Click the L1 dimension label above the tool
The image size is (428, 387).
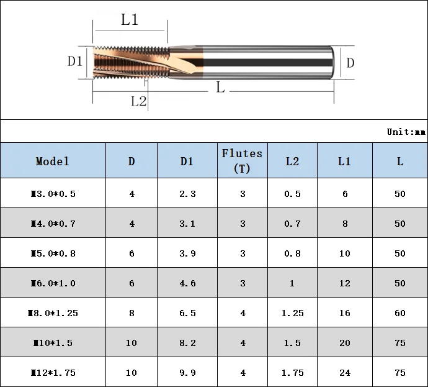(x=129, y=20)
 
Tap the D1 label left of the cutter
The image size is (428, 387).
(x=75, y=61)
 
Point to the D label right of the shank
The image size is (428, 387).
(x=350, y=62)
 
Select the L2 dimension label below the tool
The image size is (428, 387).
(x=138, y=101)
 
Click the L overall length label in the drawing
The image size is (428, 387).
(x=220, y=87)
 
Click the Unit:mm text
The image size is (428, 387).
(x=406, y=132)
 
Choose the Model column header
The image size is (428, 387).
(x=53, y=161)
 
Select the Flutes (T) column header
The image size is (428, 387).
(x=242, y=160)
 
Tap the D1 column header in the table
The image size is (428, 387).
(x=187, y=161)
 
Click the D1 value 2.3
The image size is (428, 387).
(x=187, y=194)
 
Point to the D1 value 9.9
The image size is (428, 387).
(x=187, y=373)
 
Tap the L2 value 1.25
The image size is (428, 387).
(x=292, y=313)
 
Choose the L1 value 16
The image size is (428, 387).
(x=344, y=313)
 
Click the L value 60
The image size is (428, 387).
(x=399, y=313)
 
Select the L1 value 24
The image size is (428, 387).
(x=344, y=373)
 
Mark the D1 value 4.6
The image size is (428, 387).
(x=187, y=283)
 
